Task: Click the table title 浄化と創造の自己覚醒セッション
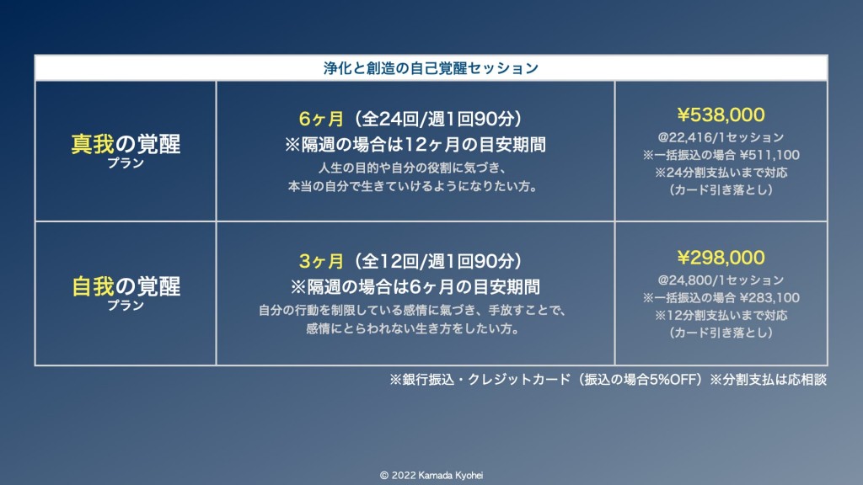pos(431,68)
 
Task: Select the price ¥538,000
pos(721,115)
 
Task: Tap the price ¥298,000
pos(721,258)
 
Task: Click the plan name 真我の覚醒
pos(126,144)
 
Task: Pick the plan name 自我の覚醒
pos(126,286)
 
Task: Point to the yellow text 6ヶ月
pos(321,119)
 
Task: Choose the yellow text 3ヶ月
pos(321,261)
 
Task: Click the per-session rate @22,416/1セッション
pos(721,137)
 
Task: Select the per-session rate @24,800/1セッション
pos(721,280)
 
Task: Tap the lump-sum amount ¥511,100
pos(769,155)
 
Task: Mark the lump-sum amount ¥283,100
pos(769,298)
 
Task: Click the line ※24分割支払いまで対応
pos(721,173)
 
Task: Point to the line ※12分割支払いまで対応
pos(721,316)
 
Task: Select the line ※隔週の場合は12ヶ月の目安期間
pos(415,145)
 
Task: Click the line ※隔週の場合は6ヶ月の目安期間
pos(415,287)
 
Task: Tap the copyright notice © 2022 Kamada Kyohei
pos(431,475)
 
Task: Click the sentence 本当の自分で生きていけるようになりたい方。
pos(413,186)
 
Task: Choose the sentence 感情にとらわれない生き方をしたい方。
pos(413,329)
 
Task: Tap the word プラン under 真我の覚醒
pos(126,163)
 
